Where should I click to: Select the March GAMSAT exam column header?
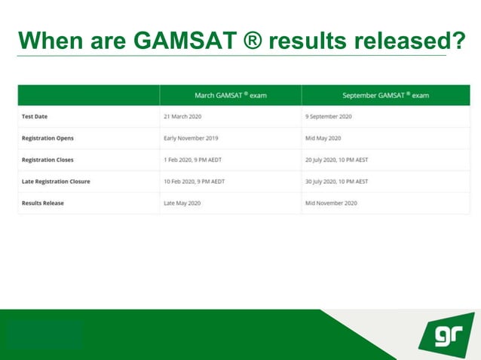pyautogui.click(x=231, y=96)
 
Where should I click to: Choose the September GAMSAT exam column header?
pyautogui.click(x=385, y=96)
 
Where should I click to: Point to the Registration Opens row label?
pyautogui.click(x=47, y=139)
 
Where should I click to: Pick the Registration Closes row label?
pyautogui.click(x=47, y=160)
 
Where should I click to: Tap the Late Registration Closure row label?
pyautogui.click(x=56, y=182)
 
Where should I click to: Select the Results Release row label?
pyautogui.click(x=43, y=203)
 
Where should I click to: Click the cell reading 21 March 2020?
pyautogui.click(x=182, y=117)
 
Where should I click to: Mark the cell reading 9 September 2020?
pyautogui.click(x=329, y=117)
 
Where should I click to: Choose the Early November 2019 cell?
pyautogui.click(x=191, y=139)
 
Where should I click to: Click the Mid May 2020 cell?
pyautogui.click(x=323, y=139)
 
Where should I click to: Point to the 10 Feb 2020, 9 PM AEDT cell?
pyautogui.click(x=194, y=182)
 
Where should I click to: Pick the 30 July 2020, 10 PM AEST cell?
pyautogui.click(x=336, y=182)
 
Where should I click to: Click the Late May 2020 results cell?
pyautogui.click(x=182, y=203)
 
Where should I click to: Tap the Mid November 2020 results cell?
pyautogui.click(x=331, y=203)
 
